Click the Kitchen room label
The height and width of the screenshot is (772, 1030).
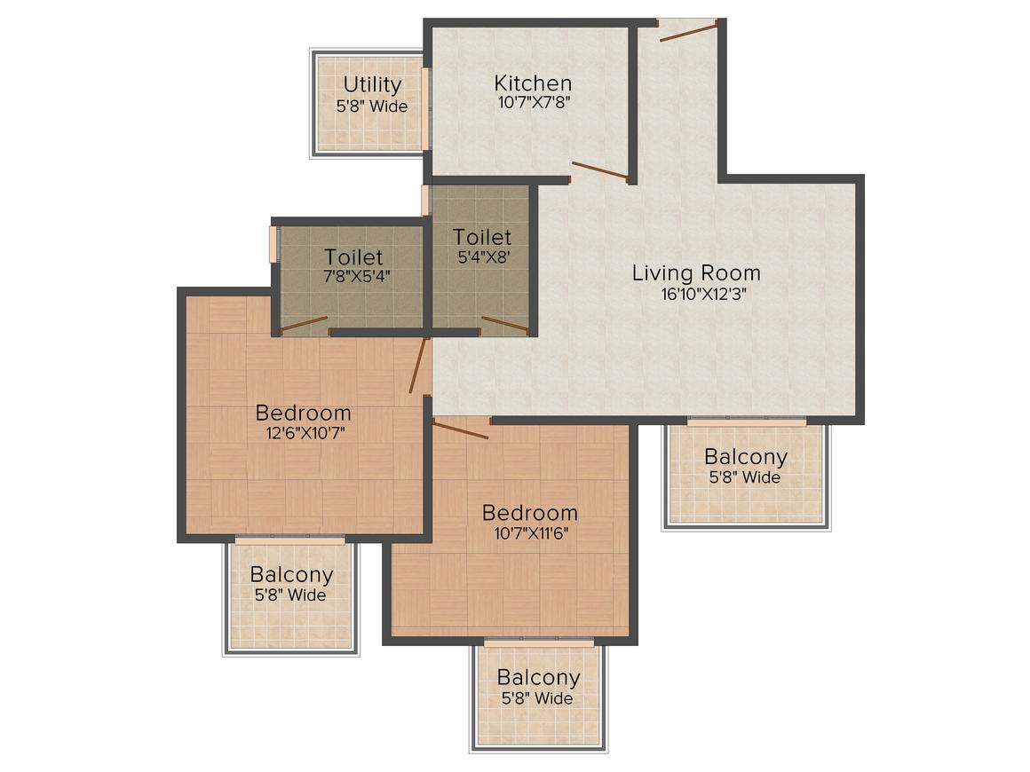point(533,83)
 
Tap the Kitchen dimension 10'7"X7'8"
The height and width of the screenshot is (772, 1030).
point(533,102)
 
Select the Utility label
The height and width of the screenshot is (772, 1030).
point(372,84)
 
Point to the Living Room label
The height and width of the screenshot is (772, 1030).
point(696,272)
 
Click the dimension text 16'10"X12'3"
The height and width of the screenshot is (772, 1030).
point(696,295)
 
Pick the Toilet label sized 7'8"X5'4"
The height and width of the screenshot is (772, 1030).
point(353,258)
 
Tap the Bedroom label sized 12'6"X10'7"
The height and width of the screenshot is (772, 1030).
point(303,413)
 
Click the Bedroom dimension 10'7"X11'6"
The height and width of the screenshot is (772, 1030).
point(529,533)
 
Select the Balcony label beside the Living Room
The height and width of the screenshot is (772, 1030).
point(745,457)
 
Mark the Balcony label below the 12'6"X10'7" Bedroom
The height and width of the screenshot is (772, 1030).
point(291,574)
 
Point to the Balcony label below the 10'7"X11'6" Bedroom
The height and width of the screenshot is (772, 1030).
point(538,678)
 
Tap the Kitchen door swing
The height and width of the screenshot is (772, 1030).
point(599,171)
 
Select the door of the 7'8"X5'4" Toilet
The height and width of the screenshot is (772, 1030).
point(304,325)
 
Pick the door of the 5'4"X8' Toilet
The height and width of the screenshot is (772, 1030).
point(504,326)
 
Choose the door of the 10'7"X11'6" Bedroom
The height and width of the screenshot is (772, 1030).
point(461,429)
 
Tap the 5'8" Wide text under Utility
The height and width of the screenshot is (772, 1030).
point(372,106)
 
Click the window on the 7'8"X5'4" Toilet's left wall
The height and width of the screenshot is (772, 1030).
point(274,245)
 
